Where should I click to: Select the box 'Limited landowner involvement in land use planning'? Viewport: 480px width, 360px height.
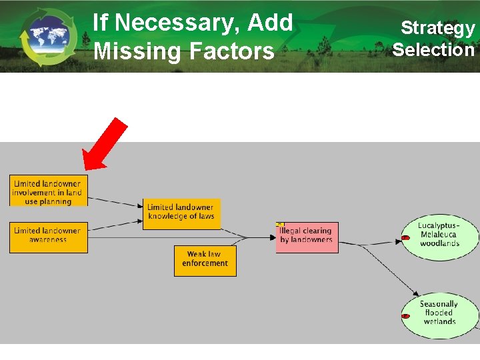click(49, 193)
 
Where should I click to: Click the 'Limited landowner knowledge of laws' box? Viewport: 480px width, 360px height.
click(181, 213)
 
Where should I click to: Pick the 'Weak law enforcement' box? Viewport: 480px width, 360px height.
click(205, 260)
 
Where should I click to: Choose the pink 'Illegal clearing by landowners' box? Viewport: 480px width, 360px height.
click(307, 237)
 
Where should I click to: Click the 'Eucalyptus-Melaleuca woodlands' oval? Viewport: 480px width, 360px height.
click(440, 235)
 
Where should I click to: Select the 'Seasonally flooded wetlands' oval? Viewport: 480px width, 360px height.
click(440, 313)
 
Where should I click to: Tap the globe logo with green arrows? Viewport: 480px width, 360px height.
click(48, 37)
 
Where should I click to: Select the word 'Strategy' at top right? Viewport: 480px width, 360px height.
click(437, 28)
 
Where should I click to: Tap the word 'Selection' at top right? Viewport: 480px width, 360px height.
click(433, 49)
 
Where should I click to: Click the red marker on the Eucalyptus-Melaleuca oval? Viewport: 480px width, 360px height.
click(405, 237)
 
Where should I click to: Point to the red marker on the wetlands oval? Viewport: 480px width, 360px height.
click(405, 315)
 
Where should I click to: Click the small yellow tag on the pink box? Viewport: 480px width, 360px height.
click(280, 225)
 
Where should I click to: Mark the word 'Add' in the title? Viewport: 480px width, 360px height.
click(269, 23)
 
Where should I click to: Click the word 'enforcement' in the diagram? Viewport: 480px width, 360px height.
click(205, 264)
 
